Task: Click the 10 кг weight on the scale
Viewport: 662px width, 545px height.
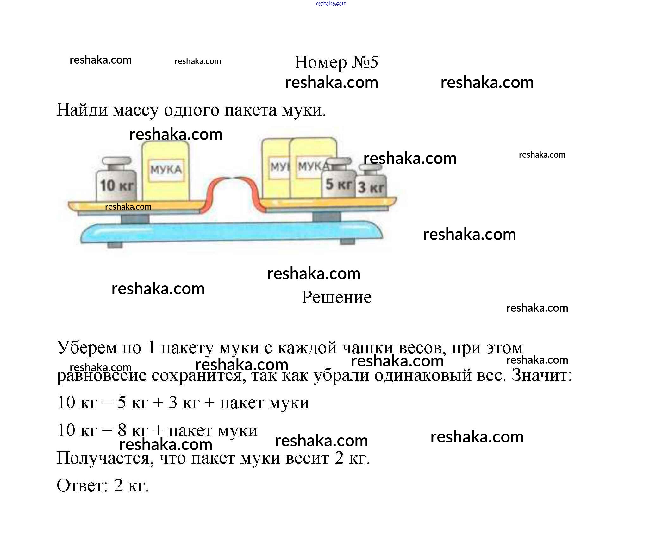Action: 116,179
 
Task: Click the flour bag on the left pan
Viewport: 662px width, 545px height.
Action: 165,171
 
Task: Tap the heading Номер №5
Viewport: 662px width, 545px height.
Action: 336,62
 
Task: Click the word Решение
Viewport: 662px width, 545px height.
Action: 336,297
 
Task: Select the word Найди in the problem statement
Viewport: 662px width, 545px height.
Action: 82,110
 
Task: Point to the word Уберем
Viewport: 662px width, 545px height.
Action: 87,348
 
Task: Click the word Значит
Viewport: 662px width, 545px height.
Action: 542,375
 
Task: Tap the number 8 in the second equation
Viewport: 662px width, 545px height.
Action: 122,430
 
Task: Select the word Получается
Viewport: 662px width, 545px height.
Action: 105,458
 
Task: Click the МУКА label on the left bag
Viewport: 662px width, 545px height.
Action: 166,170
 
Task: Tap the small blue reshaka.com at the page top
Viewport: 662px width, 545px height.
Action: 331,3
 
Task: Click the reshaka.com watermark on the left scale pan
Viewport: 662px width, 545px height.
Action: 128,207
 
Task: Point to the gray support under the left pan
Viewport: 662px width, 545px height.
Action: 135,218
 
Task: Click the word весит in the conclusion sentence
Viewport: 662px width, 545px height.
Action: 307,458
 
